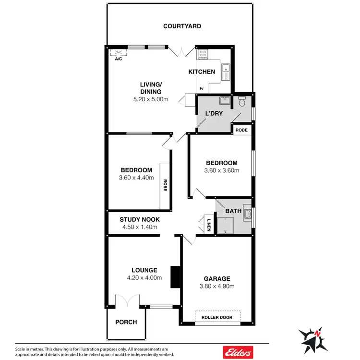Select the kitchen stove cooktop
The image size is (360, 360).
click(203, 54)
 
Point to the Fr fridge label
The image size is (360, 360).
click(202, 89)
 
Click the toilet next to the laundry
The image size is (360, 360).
click(242, 102)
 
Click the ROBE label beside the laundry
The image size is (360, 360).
click(241, 129)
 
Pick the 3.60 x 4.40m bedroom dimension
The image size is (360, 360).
click(137, 178)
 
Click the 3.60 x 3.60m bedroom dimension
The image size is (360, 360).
click(222, 170)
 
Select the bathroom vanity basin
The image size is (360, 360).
click(248, 213)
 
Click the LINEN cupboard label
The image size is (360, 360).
click(209, 225)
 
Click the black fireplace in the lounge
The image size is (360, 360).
click(175, 277)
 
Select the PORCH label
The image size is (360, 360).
click(126, 322)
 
